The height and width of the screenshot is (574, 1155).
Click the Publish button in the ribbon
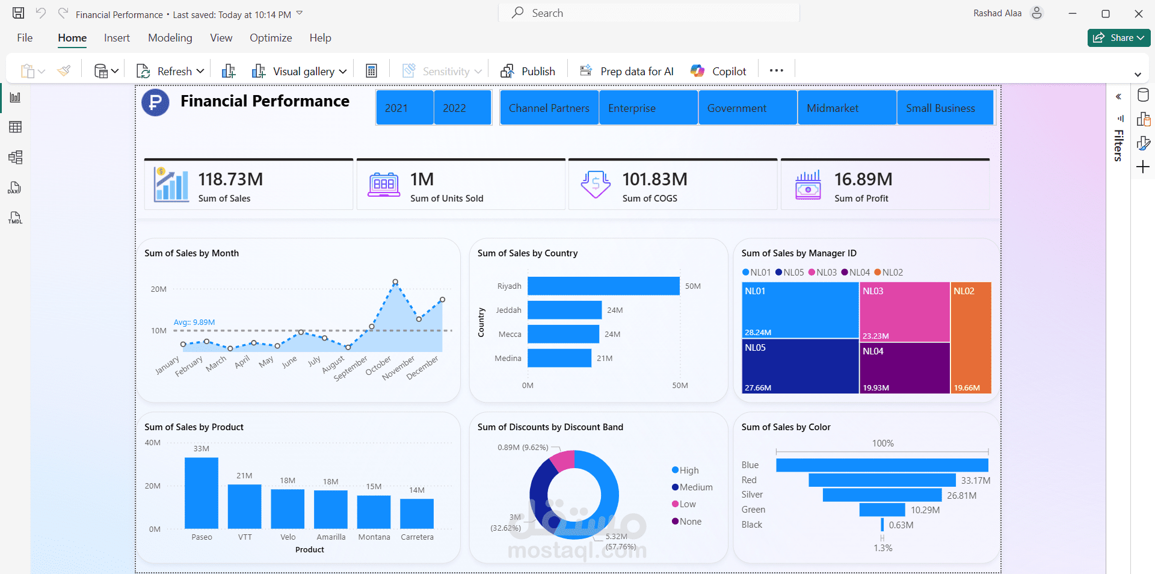(x=528, y=71)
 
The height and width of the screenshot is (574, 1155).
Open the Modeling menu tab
(x=170, y=38)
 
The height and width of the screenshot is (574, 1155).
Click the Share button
(x=1118, y=38)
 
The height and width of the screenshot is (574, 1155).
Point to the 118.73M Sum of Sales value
(x=230, y=179)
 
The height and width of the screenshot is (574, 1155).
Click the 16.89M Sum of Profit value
(x=863, y=179)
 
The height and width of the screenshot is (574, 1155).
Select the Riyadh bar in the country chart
(x=603, y=286)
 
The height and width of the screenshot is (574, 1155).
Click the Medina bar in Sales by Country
(x=559, y=358)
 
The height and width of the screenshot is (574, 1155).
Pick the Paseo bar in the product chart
(x=202, y=493)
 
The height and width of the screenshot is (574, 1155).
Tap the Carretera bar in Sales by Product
(x=417, y=513)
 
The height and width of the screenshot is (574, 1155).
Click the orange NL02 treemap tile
(x=971, y=337)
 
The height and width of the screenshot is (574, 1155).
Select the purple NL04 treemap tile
(x=904, y=367)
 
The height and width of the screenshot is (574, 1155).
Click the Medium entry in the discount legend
(x=695, y=487)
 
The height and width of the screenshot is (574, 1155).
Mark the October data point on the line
(x=372, y=327)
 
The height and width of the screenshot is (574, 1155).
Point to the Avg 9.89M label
(x=194, y=322)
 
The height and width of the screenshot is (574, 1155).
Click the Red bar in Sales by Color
(x=882, y=480)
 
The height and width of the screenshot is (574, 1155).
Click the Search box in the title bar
(x=650, y=13)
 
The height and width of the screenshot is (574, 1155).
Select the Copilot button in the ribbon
(x=719, y=71)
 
